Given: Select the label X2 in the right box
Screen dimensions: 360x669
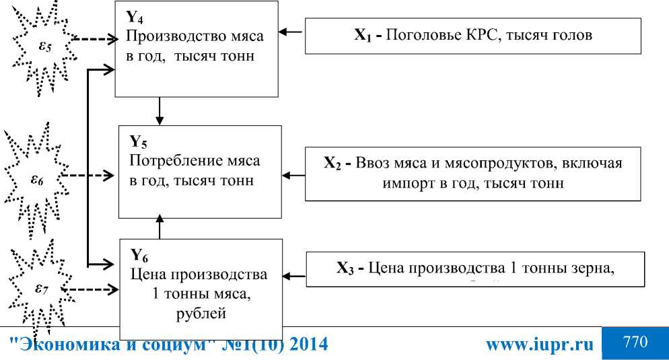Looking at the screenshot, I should tap(333, 164).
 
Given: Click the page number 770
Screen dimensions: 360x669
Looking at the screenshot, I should tap(635, 342).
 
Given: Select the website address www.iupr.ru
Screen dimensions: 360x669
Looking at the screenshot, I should tap(540, 345).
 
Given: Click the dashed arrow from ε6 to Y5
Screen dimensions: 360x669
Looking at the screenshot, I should tap(87, 177).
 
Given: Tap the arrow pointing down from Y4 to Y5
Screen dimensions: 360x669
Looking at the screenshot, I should tap(160, 111).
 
